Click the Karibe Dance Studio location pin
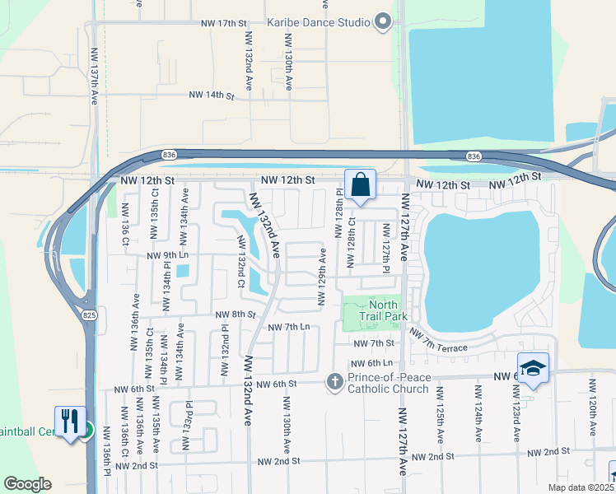point(383,22)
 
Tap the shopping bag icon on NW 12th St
point(361,184)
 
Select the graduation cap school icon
point(533,368)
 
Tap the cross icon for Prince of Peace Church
point(334,381)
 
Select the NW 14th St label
point(212,96)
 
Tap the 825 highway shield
point(89,315)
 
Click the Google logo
point(28,483)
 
